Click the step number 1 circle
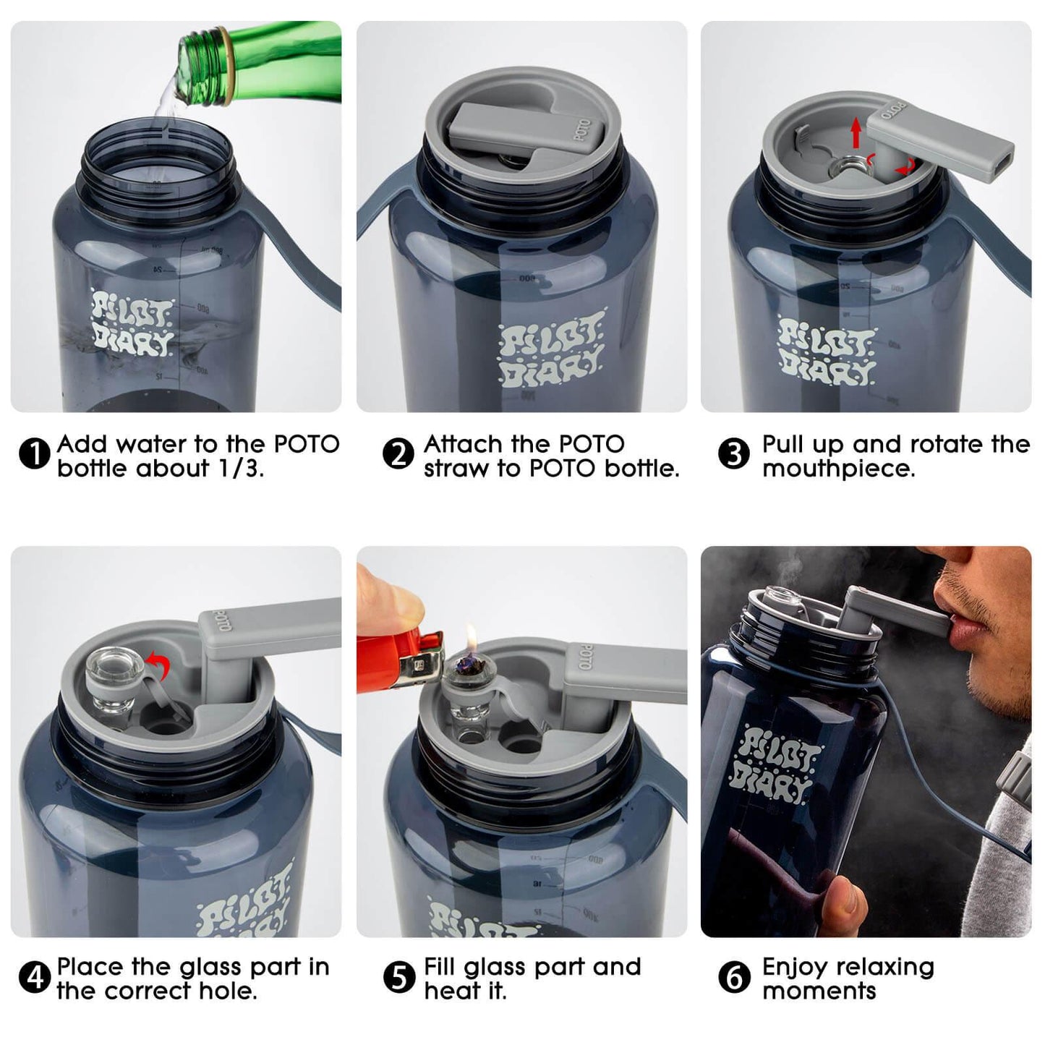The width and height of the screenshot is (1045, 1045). [x=33, y=456]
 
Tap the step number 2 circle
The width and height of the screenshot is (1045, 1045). [x=397, y=456]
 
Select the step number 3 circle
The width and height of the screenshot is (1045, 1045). [x=733, y=456]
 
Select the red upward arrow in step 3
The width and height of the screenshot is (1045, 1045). [x=856, y=133]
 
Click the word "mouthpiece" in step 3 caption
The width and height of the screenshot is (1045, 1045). [x=838, y=469]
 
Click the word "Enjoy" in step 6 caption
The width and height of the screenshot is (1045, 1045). [x=798, y=967]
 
